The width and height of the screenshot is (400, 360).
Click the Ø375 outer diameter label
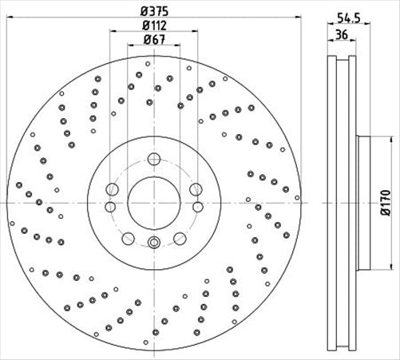click(153, 12)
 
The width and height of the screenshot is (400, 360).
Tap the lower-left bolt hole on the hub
click(127, 237)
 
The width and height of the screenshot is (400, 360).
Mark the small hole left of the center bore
click(112, 189)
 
